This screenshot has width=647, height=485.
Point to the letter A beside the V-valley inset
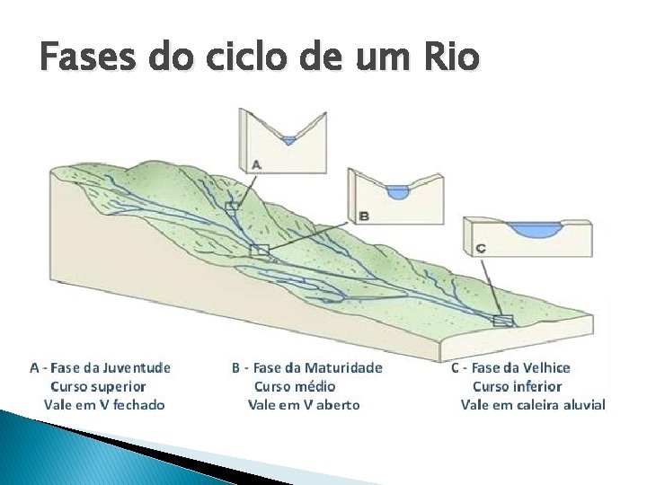click(255, 164)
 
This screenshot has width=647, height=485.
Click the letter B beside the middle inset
click(363, 216)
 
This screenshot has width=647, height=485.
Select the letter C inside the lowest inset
click(481, 247)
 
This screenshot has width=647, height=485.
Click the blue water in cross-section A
click(288, 139)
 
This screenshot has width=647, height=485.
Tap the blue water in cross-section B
click(397, 191)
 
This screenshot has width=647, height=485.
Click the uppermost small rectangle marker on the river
click(233, 207)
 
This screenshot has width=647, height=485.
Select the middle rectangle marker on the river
click(260, 250)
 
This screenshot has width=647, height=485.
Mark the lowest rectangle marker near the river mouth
click(503, 320)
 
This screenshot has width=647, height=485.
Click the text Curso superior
click(98, 386)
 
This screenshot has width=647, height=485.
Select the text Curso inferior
click(517, 386)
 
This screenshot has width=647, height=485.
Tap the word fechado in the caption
click(137, 405)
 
